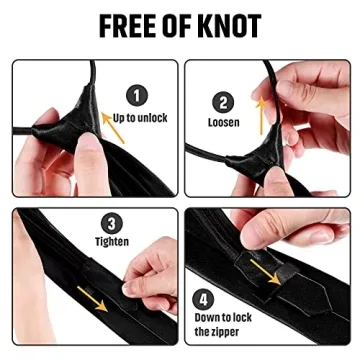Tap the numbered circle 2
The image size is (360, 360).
[x=223, y=102]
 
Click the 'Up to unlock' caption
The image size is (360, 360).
[x=140, y=119]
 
